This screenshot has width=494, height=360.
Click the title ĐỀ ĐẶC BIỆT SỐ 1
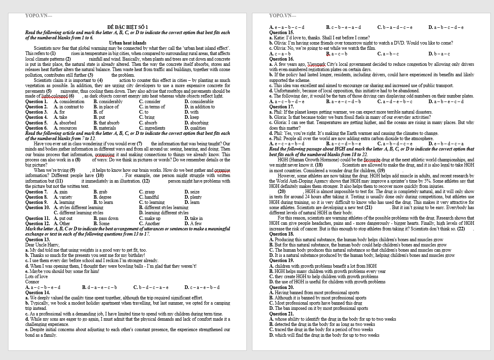128,27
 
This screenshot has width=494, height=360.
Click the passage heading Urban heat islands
128,43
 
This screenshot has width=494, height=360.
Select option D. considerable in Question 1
199,102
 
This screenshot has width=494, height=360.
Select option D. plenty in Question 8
193,197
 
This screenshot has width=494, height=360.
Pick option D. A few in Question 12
193,224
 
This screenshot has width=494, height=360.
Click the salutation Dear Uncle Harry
42,245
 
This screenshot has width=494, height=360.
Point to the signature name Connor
32,282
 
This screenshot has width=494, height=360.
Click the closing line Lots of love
36,277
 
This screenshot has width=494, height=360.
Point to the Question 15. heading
281,33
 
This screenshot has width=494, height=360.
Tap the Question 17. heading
281,107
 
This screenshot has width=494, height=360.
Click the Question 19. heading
281,260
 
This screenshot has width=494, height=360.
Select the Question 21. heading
281,314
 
